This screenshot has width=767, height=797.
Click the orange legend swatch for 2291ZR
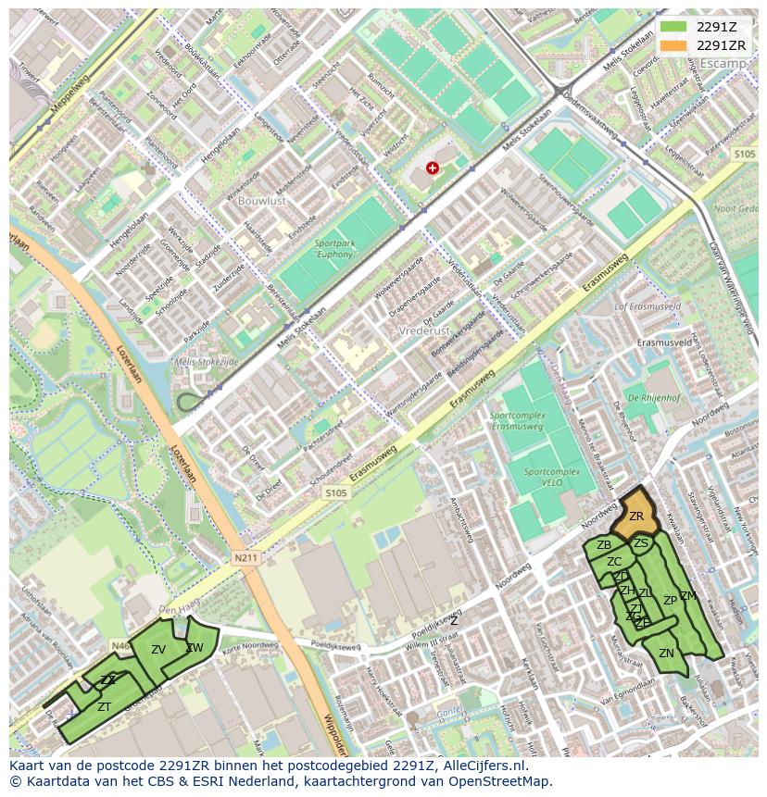tap(673, 45)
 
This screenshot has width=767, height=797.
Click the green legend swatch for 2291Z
tap(673, 28)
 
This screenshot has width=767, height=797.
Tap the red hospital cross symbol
tap(432, 168)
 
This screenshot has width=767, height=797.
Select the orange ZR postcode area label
tap(636, 517)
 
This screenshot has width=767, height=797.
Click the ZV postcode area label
tap(158, 650)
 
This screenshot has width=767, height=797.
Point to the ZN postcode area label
tap(666, 654)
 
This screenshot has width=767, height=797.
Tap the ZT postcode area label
tap(105, 707)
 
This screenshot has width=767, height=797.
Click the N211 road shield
tap(245, 558)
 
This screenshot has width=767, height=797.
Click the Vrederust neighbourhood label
tap(422, 330)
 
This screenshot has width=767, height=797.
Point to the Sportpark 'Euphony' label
tap(334, 248)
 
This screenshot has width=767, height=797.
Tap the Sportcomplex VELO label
tap(551, 477)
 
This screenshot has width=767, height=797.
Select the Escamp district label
tap(723, 63)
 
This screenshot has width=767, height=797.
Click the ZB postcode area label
tap(604, 545)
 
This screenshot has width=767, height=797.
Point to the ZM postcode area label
tap(687, 596)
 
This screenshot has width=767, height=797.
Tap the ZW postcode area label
tap(195, 648)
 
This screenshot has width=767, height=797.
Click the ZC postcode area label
tap(614, 562)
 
